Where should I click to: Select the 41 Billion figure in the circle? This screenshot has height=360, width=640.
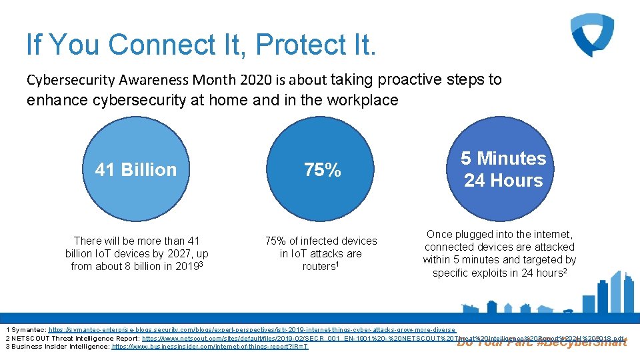[x=136, y=169]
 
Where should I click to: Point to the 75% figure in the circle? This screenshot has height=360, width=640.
[x=323, y=170]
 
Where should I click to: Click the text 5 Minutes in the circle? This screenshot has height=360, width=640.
[x=503, y=159]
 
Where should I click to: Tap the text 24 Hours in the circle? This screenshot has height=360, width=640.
[x=503, y=181]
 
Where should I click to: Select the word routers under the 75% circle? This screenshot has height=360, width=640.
[x=319, y=267]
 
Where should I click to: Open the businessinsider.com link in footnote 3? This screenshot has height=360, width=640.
[x=210, y=347]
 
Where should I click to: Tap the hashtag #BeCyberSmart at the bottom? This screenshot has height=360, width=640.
[x=581, y=343]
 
